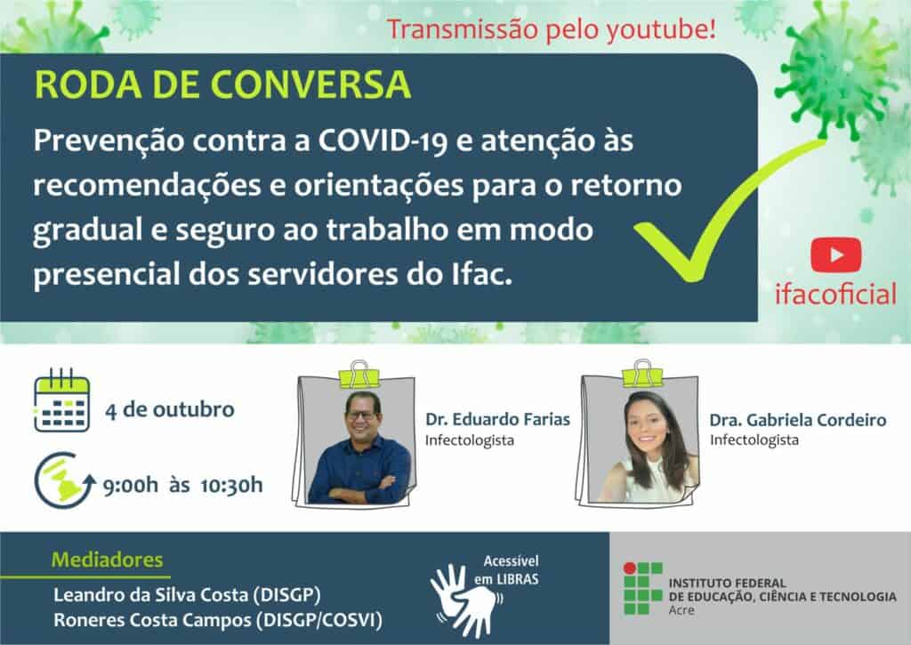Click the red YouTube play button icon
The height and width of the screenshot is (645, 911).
[x=836, y=255]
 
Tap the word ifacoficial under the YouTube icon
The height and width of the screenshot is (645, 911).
[x=835, y=294]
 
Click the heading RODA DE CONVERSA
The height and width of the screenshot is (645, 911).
[x=223, y=85]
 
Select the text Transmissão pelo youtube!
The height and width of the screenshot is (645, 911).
[x=552, y=29]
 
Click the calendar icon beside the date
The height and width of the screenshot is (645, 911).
[x=61, y=399]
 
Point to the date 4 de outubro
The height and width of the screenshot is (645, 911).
[x=170, y=409]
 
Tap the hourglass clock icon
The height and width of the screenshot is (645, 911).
[x=64, y=480]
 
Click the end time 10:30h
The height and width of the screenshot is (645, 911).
[x=231, y=485]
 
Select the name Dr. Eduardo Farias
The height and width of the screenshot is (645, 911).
[x=497, y=419]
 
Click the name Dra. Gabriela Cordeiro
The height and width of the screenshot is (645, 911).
[x=798, y=420]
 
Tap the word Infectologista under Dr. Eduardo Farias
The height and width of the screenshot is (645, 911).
[x=470, y=440]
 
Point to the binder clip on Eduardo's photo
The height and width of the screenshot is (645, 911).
[x=359, y=375]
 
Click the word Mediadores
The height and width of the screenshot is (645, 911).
[x=108, y=560]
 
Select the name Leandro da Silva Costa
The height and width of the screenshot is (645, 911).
[x=150, y=595]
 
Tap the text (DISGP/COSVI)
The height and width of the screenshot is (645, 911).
[x=319, y=620]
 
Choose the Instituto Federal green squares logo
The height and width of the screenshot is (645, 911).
[x=642, y=588]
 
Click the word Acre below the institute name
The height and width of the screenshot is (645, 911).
[x=681, y=610]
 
